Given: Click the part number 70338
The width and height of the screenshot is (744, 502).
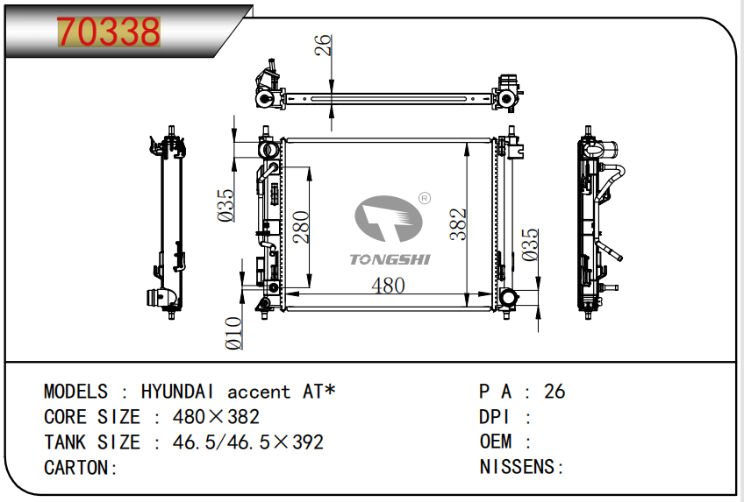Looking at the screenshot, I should (108, 32).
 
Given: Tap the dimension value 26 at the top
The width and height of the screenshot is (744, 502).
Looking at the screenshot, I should (323, 46).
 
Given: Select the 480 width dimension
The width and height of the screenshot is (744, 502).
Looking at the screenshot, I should (388, 286).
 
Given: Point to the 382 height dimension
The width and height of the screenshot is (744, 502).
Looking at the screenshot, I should (458, 224).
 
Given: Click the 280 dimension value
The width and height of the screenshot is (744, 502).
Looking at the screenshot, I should (299, 227).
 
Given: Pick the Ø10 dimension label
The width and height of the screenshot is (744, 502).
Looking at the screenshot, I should (233, 333).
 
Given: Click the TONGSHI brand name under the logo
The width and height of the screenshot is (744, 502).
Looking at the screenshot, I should (390, 259).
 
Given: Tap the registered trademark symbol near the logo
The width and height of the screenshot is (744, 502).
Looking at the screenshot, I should (424, 199).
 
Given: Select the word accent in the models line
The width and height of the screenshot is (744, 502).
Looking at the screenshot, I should (259, 392).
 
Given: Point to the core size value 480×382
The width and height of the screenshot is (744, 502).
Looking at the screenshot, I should (206, 417).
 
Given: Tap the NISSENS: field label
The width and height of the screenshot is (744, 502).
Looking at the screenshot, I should (522, 467).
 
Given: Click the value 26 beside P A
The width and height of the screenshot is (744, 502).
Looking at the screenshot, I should (554, 392).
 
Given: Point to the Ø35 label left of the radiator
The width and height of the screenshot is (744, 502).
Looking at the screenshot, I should (226, 204).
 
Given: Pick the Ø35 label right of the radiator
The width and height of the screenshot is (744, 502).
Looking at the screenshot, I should (529, 245).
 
